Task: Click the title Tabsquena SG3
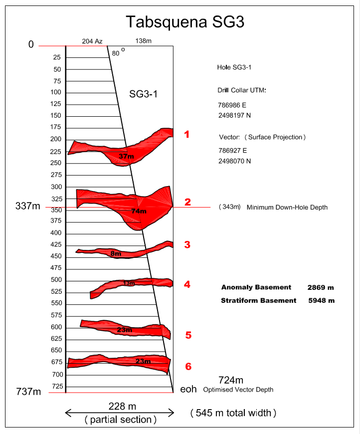point(184,22)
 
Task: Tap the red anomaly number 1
point(187,134)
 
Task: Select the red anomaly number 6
point(188,367)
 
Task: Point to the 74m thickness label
point(139,212)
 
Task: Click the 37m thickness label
point(127,157)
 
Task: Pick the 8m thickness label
point(116,253)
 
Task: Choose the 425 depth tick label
point(56,245)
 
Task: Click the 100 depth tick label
point(56,92)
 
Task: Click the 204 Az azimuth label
point(92,41)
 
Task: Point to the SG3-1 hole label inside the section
point(144,93)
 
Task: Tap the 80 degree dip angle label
point(117,53)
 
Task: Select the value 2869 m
point(321,287)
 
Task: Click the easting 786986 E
point(232,106)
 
